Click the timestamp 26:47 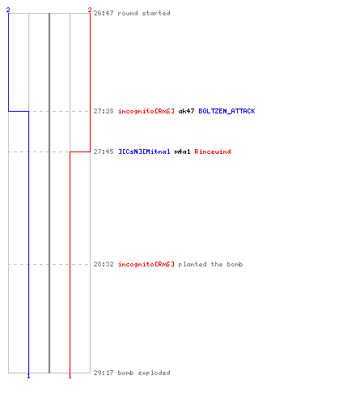point(104,13)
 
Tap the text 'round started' point(144,13)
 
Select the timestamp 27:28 point(104,111)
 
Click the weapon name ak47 point(186,111)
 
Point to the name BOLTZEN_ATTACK point(226,111)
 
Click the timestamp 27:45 point(104,151)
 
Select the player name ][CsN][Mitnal point(144,151)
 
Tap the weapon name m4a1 point(183,151)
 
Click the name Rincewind point(213,151)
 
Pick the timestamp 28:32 point(104,264)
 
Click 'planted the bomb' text point(210,264)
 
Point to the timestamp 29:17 point(104,373)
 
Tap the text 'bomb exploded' point(144,373)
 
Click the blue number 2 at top point(8,10)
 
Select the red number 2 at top point(90,10)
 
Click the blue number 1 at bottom point(28,376)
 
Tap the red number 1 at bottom point(70,376)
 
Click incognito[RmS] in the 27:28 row point(146,111)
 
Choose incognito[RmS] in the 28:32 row point(146,264)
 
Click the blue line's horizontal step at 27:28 point(19,111)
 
